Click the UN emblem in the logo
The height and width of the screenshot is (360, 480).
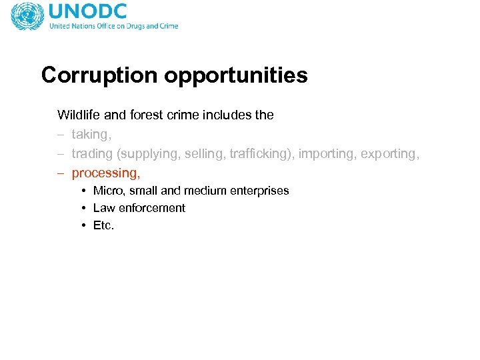click(27, 16)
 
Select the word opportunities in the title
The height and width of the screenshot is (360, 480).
click(236, 76)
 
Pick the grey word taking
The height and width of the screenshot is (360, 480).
click(91, 135)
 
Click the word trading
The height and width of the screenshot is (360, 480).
click(92, 154)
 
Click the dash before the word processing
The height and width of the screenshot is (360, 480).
click(61, 173)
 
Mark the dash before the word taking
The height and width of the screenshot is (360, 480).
click(61, 135)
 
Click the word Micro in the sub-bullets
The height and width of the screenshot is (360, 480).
click(107, 191)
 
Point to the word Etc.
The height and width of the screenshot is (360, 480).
click(103, 225)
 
